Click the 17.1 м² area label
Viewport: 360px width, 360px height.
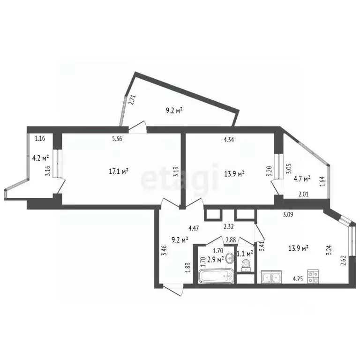point(118,172)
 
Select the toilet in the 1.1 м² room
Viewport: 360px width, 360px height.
point(245,266)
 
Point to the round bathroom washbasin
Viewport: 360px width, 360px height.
point(230,258)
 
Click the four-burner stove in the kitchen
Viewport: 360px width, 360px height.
point(313,276)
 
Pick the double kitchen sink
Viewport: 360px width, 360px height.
point(271,278)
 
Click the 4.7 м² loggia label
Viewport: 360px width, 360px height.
point(302,178)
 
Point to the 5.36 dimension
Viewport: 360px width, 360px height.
point(118,138)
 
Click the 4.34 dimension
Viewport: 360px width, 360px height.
point(230,139)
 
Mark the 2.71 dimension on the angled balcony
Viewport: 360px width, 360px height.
point(132,99)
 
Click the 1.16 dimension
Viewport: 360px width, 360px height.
point(40,138)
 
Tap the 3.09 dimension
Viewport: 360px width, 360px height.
point(287,215)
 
